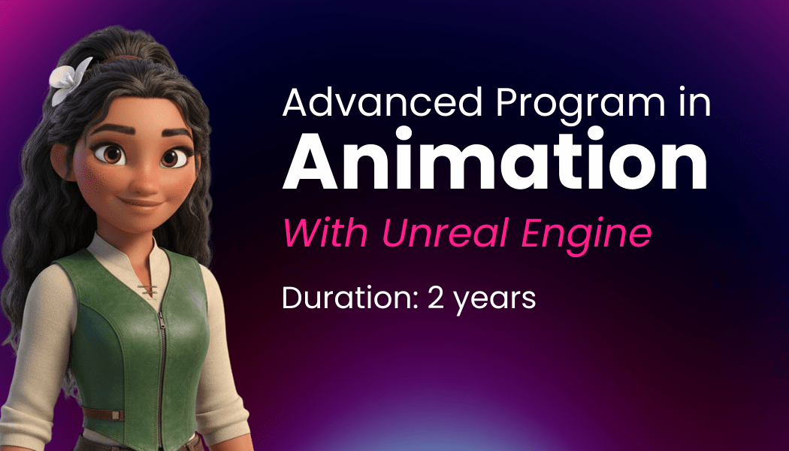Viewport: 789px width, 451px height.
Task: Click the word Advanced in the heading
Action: tap(382, 102)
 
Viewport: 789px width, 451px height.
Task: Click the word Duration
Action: tap(346, 298)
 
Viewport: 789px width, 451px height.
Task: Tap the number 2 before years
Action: tap(436, 298)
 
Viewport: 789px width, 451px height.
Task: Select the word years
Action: tap(494, 301)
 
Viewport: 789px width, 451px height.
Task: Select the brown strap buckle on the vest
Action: tap(117, 415)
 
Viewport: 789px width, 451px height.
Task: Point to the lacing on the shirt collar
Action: tap(147, 289)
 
